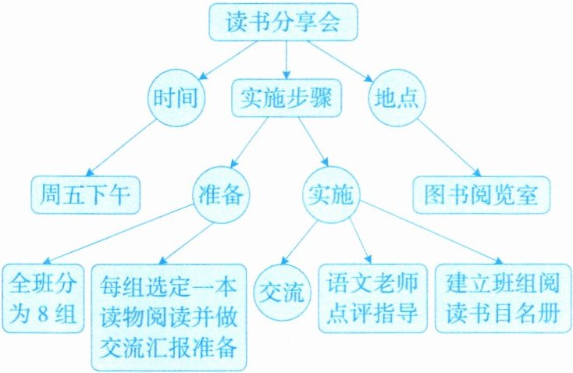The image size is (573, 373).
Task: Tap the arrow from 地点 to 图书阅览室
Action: coord(444,147)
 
